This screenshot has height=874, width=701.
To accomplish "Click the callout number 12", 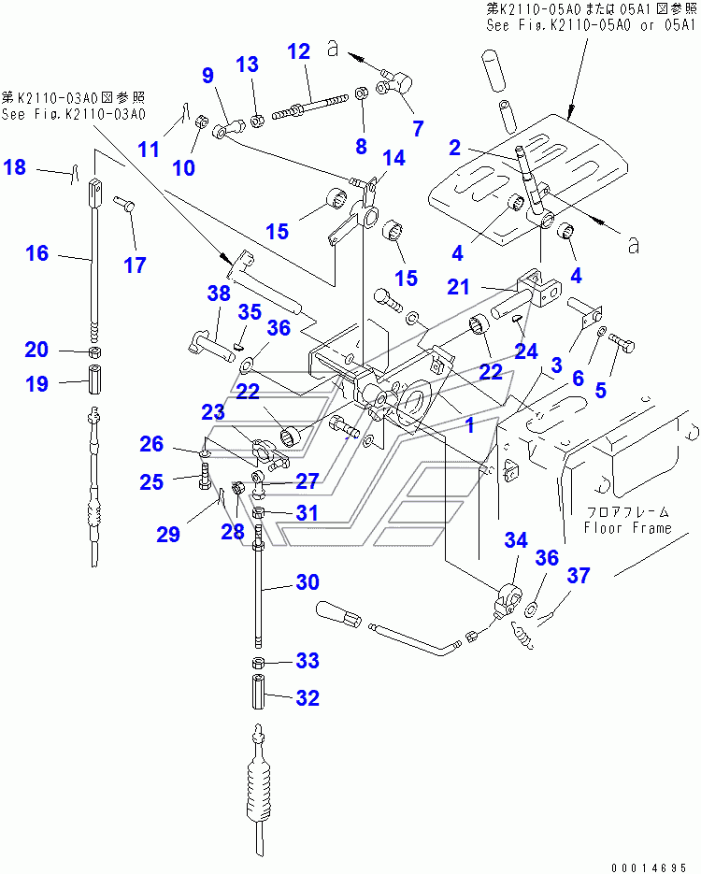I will (x=298, y=52).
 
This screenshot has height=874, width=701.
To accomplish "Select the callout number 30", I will (x=308, y=581).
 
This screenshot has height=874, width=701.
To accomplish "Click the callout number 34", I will (x=516, y=539).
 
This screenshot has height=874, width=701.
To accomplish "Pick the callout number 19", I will (x=36, y=383).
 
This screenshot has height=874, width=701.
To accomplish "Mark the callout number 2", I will (x=455, y=147).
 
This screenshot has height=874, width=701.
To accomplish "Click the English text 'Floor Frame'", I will (x=627, y=527).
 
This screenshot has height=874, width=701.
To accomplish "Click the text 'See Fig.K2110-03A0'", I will (x=74, y=115).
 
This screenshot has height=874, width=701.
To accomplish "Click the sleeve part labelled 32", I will (x=261, y=698).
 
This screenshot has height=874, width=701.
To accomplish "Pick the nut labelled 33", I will (x=260, y=662).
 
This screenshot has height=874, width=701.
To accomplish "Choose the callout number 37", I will (x=579, y=576).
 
